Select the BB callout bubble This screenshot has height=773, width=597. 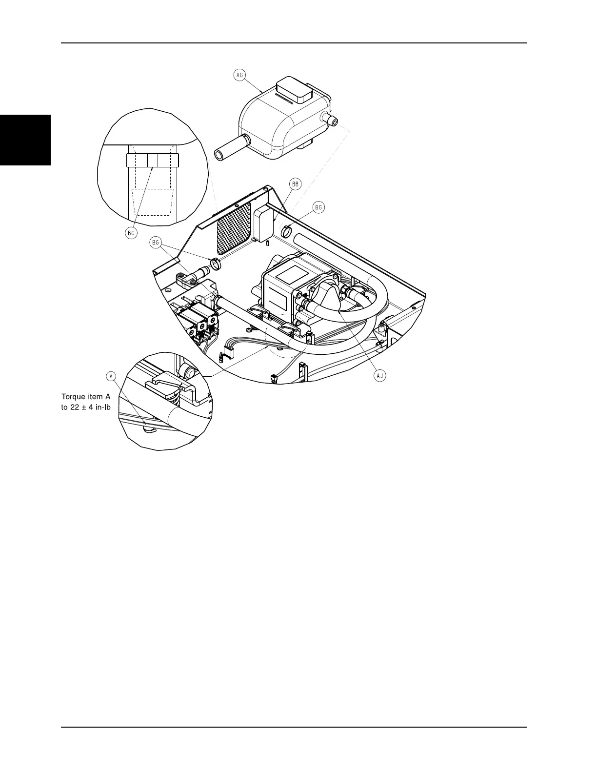(296, 184)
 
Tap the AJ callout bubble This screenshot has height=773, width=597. (379, 375)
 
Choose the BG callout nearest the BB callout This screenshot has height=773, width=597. (318, 207)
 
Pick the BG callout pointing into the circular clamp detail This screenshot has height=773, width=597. (131, 233)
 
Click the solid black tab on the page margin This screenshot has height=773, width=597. (25, 140)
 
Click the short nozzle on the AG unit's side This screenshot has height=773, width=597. (331, 120)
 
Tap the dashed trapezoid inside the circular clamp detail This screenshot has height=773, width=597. (153, 201)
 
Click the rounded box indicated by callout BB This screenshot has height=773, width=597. (264, 222)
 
